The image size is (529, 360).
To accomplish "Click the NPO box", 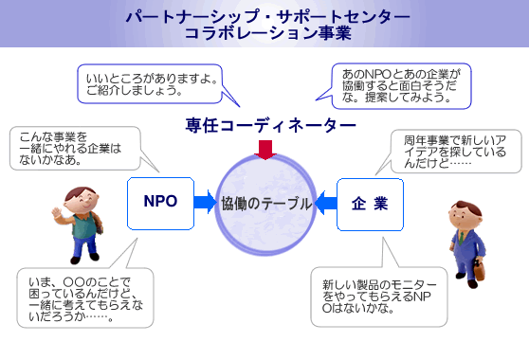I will tap(160, 202).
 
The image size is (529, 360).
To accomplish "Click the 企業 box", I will tap(363, 203).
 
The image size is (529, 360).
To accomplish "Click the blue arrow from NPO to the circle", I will tap(205, 202).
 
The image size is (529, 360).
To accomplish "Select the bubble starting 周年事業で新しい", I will tap(452, 150).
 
